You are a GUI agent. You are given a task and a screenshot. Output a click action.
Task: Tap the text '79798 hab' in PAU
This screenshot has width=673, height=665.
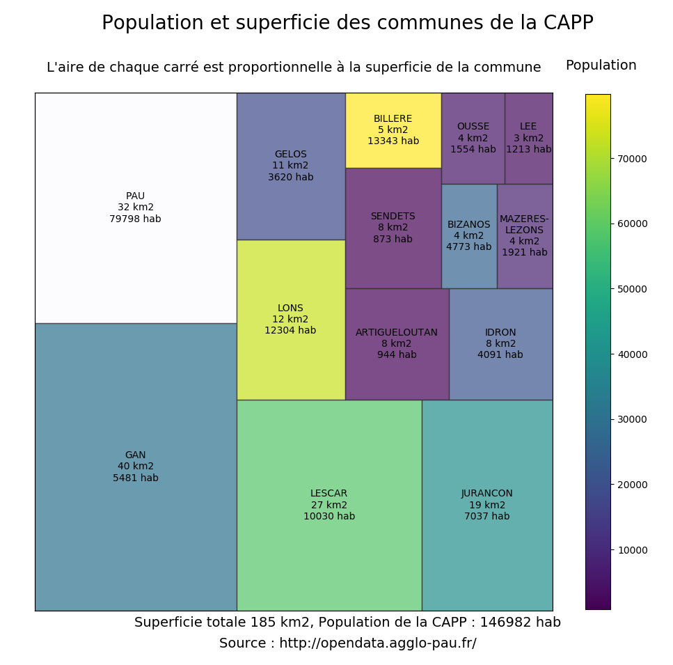point(135,219)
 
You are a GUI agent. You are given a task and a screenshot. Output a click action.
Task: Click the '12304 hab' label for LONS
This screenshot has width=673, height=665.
point(290,331)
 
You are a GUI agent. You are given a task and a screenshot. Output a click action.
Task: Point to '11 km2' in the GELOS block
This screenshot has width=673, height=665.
point(290,166)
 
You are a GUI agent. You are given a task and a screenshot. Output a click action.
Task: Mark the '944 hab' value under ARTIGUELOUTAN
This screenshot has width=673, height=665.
point(397,355)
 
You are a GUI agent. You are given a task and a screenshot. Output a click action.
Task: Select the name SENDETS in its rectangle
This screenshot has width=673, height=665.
point(393,217)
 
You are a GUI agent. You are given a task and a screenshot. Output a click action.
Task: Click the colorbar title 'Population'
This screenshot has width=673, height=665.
point(601,65)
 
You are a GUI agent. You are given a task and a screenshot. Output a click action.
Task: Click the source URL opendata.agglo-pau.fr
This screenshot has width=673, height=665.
point(378,643)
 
